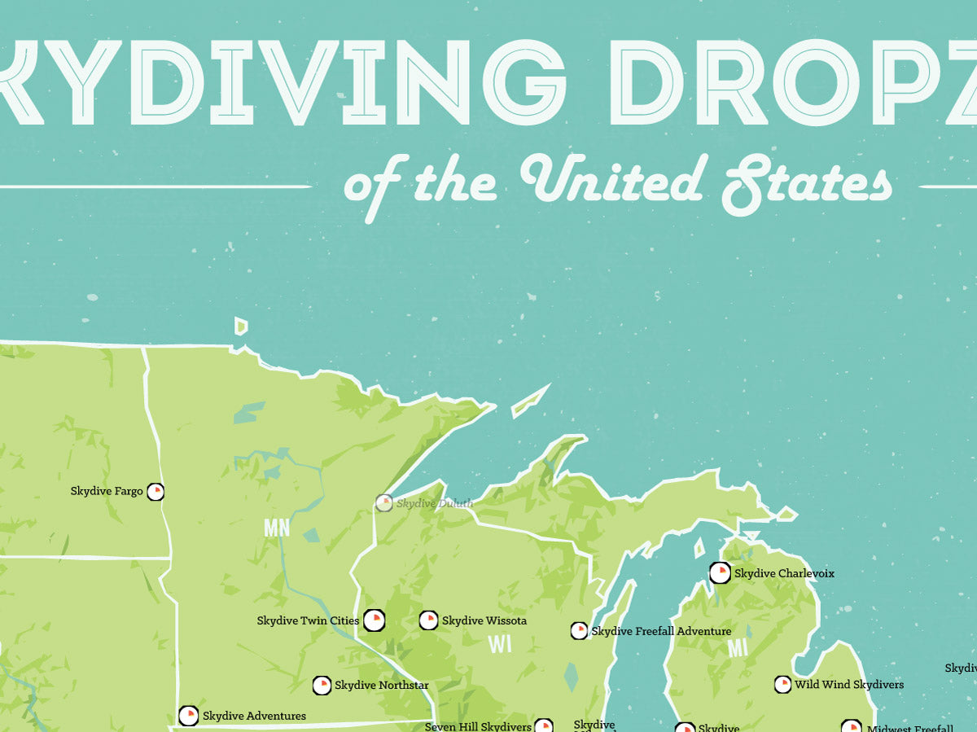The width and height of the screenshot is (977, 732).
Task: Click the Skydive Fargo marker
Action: coord(155,491)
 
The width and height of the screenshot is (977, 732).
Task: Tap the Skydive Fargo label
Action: coord(107,491)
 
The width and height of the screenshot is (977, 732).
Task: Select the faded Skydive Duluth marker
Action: coord(383,503)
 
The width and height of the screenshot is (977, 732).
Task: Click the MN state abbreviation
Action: coord(277,528)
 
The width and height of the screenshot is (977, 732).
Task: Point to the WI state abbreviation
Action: coord(500,644)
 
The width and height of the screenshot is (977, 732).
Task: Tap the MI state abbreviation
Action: coord(738,648)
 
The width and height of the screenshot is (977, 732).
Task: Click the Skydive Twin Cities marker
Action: coord(374,620)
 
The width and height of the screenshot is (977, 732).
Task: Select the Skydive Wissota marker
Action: coord(428,620)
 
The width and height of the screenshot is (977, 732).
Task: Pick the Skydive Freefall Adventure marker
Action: coord(579,631)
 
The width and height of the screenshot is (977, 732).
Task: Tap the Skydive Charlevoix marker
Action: coord(720,573)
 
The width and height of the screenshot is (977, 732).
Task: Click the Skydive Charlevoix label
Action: coord(784,573)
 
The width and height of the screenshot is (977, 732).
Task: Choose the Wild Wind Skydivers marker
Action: coord(782,685)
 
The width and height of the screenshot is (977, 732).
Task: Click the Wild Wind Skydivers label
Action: coord(849,685)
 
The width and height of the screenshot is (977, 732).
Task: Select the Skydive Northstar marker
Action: coord(322,686)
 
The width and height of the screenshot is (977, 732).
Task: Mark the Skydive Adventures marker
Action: coord(188,716)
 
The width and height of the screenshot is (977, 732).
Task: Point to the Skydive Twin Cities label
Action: coord(308,620)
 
